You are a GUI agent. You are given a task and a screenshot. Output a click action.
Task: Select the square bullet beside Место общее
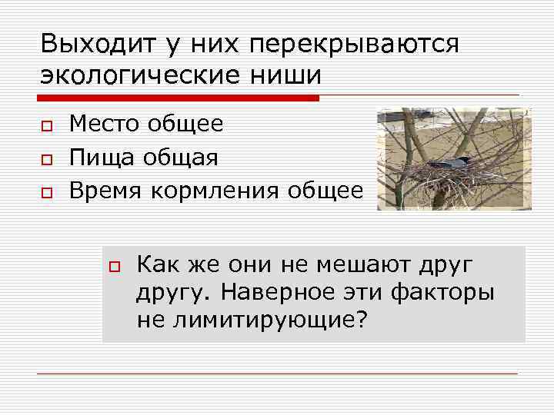46,125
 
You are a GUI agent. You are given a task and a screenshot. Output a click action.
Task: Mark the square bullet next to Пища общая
46,159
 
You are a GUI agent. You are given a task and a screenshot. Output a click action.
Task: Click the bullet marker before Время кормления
46,193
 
